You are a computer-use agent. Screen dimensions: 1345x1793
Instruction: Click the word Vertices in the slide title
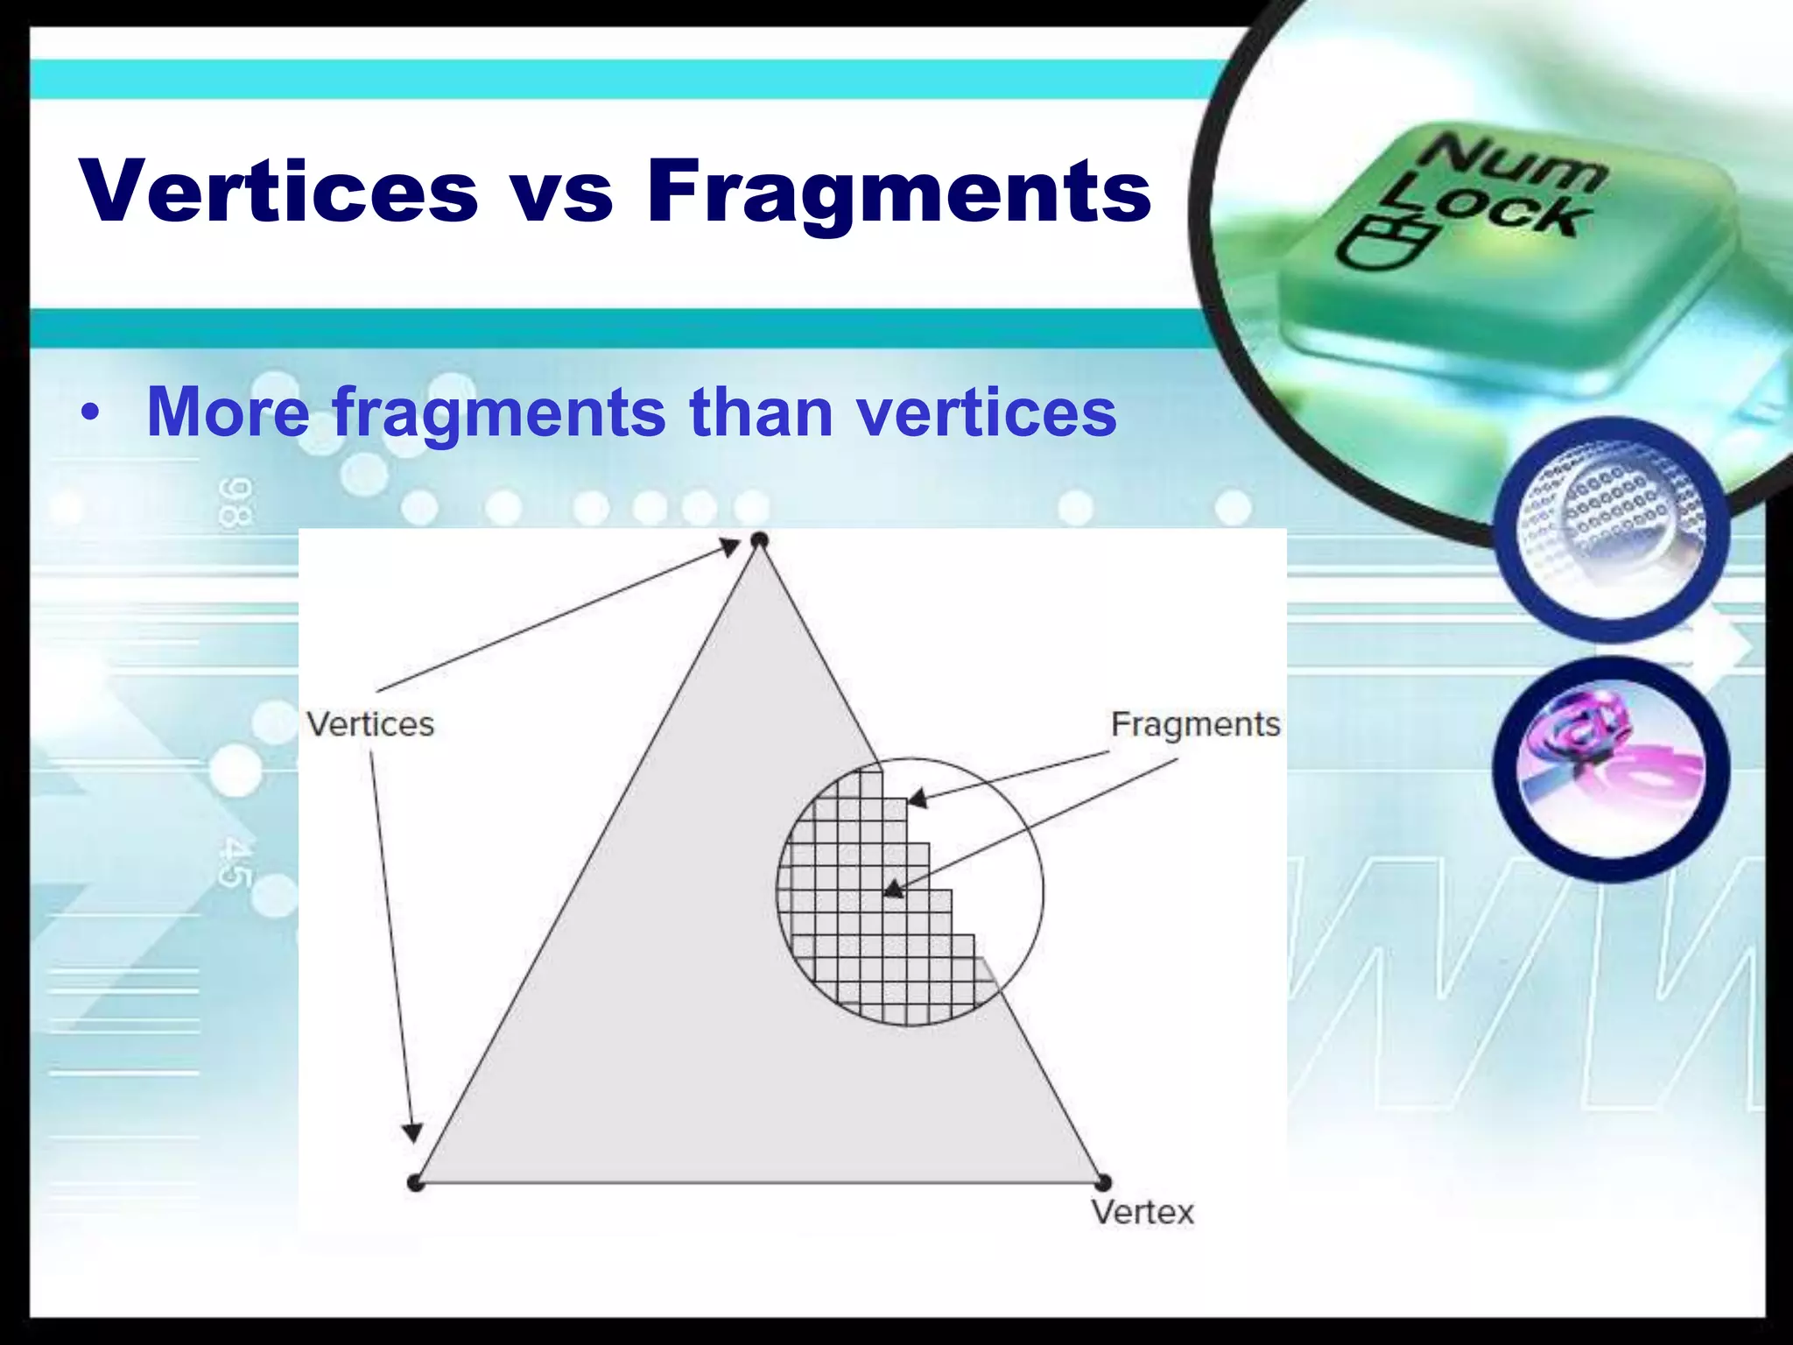click(279, 191)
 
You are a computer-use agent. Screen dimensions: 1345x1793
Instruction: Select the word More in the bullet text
click(229, 411)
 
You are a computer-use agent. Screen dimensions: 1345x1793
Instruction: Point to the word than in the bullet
click(761, 411)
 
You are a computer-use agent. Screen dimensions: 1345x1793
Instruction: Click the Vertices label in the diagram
click(370, 724)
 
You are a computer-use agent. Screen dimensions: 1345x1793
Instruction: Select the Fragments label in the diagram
click(1195, 724)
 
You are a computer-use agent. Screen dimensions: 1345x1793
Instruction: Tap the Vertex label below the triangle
click(1143, 1213)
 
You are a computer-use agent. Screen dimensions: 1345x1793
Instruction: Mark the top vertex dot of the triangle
click(759, 540)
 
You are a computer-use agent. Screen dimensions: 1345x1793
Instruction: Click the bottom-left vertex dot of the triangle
click(416, 1183)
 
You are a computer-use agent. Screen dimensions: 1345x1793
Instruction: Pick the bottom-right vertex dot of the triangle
click(1103, 1183)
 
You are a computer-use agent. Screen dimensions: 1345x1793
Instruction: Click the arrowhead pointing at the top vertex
click(730, 548)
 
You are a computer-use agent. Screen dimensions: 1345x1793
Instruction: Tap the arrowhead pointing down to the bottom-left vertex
click(411, 1132)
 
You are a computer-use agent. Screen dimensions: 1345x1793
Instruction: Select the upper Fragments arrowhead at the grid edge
click(917, 798)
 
